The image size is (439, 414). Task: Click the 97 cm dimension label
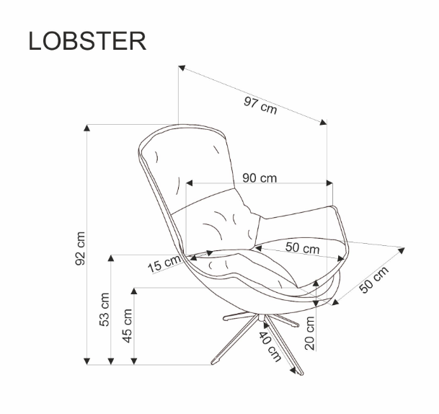[260, 105]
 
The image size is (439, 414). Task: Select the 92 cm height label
[81, 248]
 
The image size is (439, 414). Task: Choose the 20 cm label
[311, 332]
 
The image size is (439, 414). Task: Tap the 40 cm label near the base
[270, 342]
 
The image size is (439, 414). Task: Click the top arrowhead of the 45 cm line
[134, 291]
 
